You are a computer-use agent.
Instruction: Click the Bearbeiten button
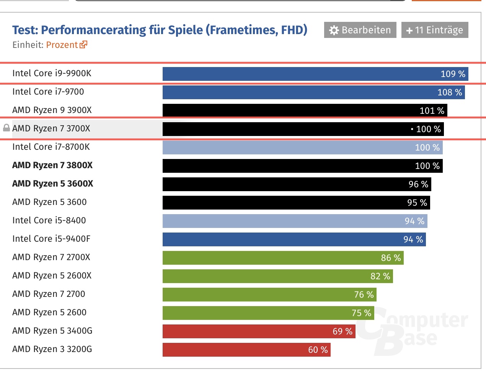click(360, 30)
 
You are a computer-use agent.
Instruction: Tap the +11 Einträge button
click(435, 30)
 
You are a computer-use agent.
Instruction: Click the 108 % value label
click(450, 92)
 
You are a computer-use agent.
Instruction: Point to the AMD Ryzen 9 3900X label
click(52, 110)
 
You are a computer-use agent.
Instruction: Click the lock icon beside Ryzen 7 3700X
click(6, 128)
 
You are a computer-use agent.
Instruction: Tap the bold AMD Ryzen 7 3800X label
click(52, 165)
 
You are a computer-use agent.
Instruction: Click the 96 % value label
click(418, 184)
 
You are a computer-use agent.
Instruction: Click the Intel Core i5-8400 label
click(49, 221)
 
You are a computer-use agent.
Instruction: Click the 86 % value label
click(391, 258)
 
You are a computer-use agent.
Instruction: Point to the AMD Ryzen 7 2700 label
click(49, 294)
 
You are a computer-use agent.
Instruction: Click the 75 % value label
click(361, 313)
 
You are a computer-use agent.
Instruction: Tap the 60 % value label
click(318, 350)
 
